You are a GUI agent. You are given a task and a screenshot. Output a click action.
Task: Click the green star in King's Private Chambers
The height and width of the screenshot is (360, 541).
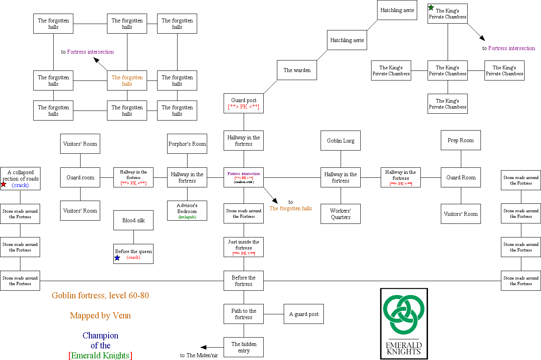click(x=431, y=8)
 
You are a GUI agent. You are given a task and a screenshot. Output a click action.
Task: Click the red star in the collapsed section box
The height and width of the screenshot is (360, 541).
click(x=4, y=184)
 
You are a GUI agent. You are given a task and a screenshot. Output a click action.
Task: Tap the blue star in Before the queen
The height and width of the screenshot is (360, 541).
click(x=117, y=258)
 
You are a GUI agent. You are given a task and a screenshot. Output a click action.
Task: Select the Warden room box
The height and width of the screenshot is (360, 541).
click(x=297, y=70)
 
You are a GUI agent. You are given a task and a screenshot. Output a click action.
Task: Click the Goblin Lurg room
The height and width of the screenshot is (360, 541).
click(x=341, y=141)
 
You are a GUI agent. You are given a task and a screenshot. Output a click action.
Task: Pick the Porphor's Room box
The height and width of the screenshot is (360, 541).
click(x=187, y=144)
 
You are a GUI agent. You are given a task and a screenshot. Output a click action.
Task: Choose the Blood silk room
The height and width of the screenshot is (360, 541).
click(x=133, y=220)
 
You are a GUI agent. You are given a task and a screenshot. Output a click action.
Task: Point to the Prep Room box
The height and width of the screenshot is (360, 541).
click(x=461, y=141)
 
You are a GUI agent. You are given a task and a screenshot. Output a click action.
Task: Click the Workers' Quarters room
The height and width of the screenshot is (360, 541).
click(x=341, y=214)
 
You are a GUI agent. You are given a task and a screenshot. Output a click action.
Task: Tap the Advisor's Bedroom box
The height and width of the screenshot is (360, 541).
click(x=187, y=211)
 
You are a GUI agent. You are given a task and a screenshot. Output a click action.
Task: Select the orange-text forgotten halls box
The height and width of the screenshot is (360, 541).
click(x=127, y=80)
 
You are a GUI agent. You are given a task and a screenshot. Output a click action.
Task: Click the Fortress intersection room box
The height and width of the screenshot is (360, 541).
click(x=244, y=177)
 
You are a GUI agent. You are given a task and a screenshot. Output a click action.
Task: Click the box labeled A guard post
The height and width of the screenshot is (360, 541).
click(x=304, y=314)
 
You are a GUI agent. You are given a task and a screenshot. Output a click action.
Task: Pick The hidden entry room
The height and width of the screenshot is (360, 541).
click(x=244, y=347)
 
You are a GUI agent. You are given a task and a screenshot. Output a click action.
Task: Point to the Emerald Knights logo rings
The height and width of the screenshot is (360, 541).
click(x=404, y=315)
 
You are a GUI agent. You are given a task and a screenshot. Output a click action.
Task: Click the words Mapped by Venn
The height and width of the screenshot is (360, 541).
click(x=100, y=316)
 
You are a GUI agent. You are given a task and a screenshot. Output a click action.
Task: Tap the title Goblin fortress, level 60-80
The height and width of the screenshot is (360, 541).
click(x=100, y=296)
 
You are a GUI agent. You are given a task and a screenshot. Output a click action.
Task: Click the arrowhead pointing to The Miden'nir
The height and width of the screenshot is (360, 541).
click(x=204, y=348)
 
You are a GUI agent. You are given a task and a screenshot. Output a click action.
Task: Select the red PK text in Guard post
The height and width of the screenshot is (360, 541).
click(x=244, y=107)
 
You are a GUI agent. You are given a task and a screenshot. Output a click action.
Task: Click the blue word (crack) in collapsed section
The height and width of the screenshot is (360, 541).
click(x=20, y=185)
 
